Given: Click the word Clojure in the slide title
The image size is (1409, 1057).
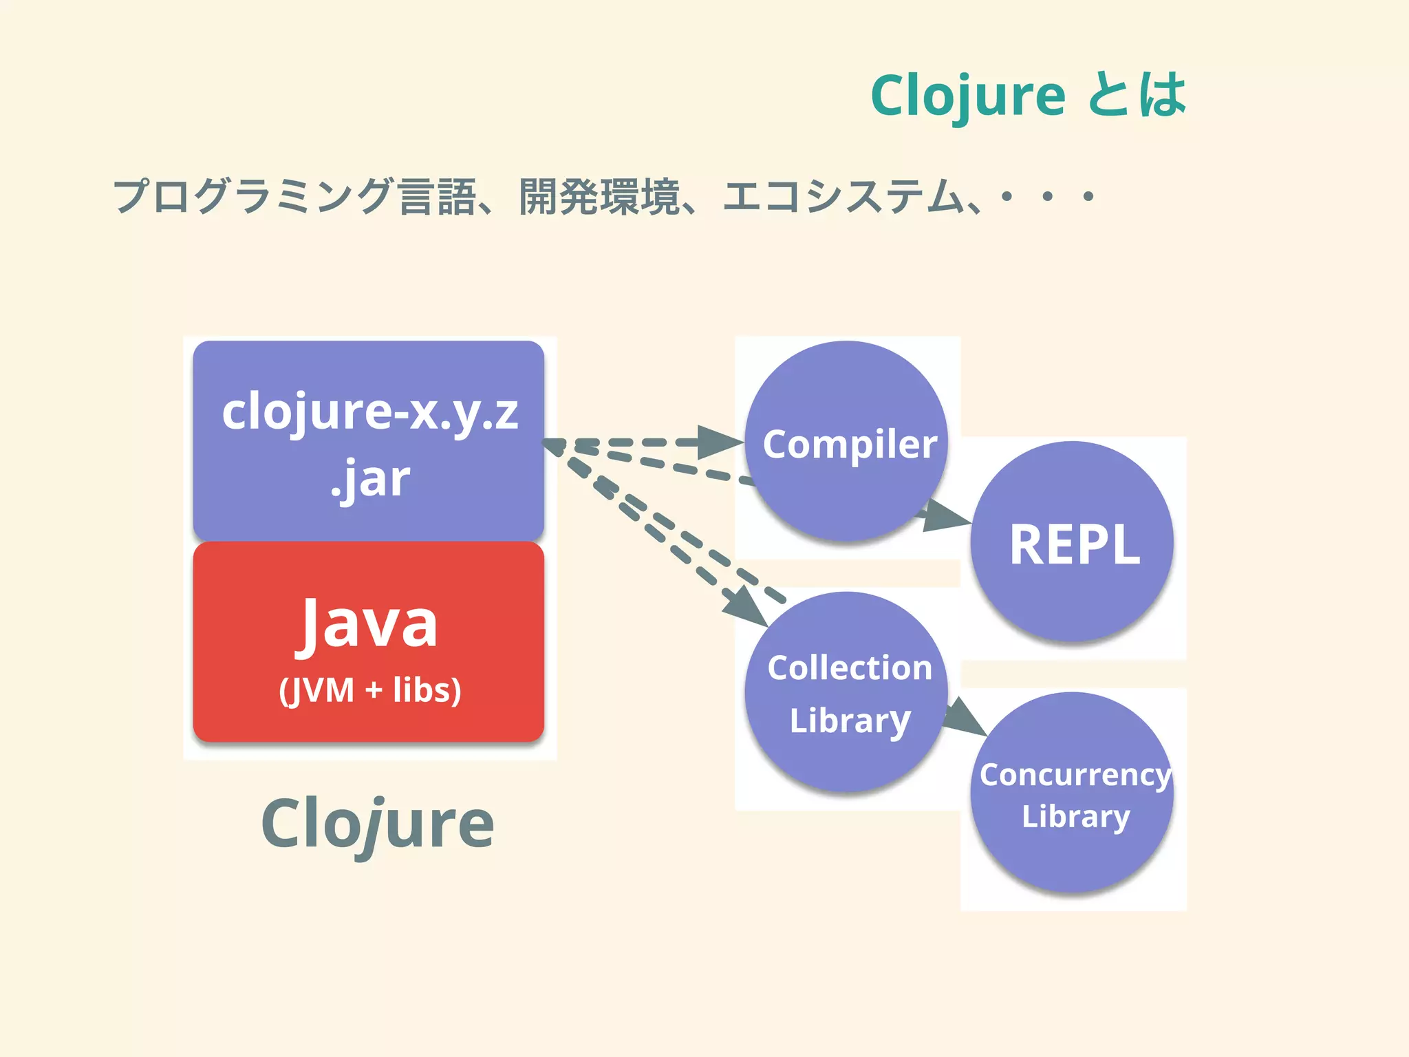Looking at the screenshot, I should pos(967,96).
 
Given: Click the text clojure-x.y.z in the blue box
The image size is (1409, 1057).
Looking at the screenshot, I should pos(369,413).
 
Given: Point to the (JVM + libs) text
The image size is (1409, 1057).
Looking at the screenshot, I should pos(369,690).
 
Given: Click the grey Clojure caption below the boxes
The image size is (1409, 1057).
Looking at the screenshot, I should pos(377,824).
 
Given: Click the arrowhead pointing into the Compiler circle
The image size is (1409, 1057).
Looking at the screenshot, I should pos(719,442).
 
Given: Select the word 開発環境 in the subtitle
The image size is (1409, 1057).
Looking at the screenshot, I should pos(599,196).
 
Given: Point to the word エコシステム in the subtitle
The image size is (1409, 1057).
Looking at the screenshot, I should pos(843,196).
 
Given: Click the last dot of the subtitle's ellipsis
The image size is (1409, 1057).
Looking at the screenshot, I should pos(1088,197).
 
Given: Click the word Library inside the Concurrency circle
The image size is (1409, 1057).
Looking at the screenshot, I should pos(1075,817).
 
